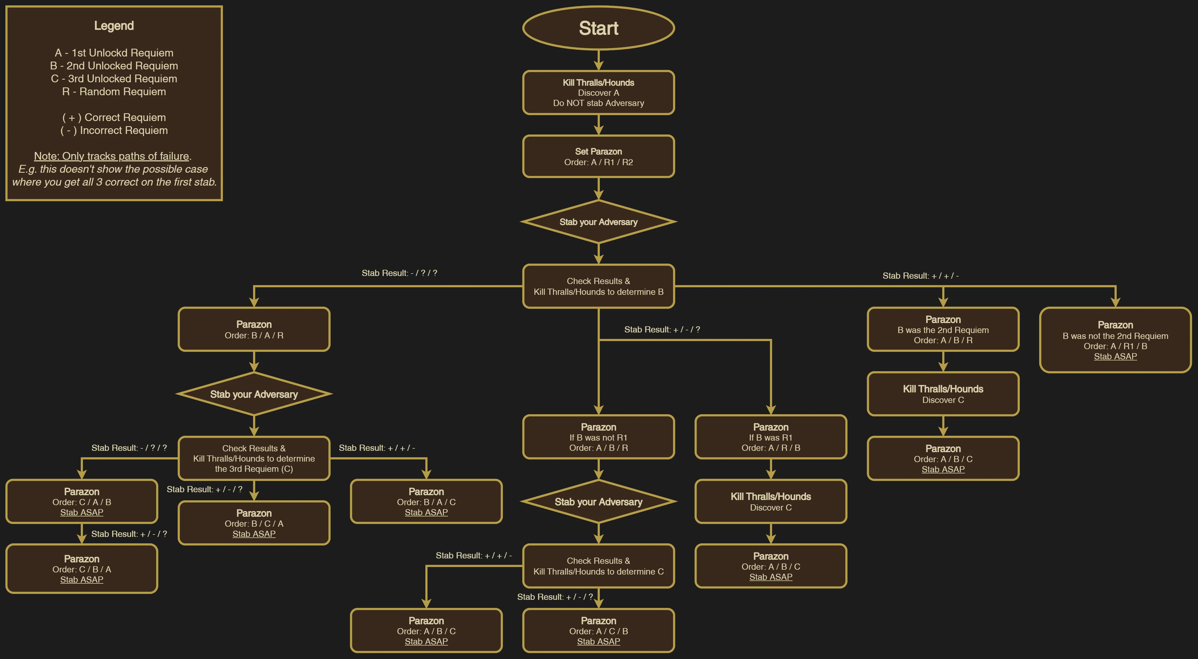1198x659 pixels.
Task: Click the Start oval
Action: tap(598, 28)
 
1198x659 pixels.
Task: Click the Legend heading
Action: tap(114, 26)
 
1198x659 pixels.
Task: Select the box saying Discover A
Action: tap(598, 93)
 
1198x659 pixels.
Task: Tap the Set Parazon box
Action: tap(598, 156)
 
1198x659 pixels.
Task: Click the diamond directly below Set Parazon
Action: tap(598, 222)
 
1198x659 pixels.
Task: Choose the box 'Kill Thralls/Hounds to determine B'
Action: tap(598, 286)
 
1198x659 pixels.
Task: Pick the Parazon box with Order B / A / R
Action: tap(254, 329)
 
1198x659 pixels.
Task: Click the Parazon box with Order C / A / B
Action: tap(82, 501)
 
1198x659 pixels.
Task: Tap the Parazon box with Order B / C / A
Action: tap(254, 523)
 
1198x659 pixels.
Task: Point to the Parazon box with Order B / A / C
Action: tap(426, 501)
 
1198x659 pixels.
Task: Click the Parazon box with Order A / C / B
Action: tap(598, 631)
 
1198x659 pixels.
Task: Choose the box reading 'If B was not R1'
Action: tap(598, 437)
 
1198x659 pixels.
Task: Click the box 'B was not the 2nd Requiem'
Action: tap(1115, 340)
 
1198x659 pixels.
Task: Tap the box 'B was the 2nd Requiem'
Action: tap(943, 329)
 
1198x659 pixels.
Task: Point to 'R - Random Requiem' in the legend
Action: tap(114, 91)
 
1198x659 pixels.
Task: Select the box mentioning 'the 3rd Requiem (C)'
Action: tap(254, 458)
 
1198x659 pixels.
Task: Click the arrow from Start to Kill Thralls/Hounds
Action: tap(598, 60)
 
